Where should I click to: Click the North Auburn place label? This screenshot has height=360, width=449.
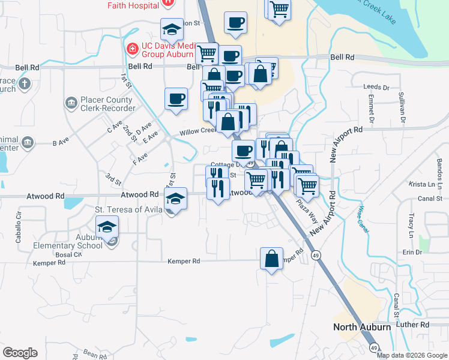pyautogui.click(x=363, y=326)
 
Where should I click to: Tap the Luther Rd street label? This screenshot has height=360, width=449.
pyautogui.click(x=416, y=325)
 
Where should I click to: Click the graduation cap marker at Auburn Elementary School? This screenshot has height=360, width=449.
pyautogui.click(x=107, y=227)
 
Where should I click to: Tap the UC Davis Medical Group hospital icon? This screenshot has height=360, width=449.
pyautogui.click(x=131, y=47)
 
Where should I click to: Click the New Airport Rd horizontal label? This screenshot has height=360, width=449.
pyautogui.click(x=342, y=130)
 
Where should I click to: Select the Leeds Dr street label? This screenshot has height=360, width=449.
pyautogui.click(x=377, y=87)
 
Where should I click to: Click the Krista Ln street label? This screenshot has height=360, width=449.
pyautogui.click(x=421, y=184)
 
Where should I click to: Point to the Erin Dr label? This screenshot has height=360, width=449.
pyautogui.click(x=413, y=252)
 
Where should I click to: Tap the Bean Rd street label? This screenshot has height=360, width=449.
pyautogui.click(x=95, y=355)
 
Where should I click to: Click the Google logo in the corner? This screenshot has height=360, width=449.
pyautogui.click(x=20, y=353)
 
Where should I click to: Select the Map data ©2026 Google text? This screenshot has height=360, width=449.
pyautogui.click(x=412, y=355)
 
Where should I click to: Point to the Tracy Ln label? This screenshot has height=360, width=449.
pyautogui.click(x=411, y=223)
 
